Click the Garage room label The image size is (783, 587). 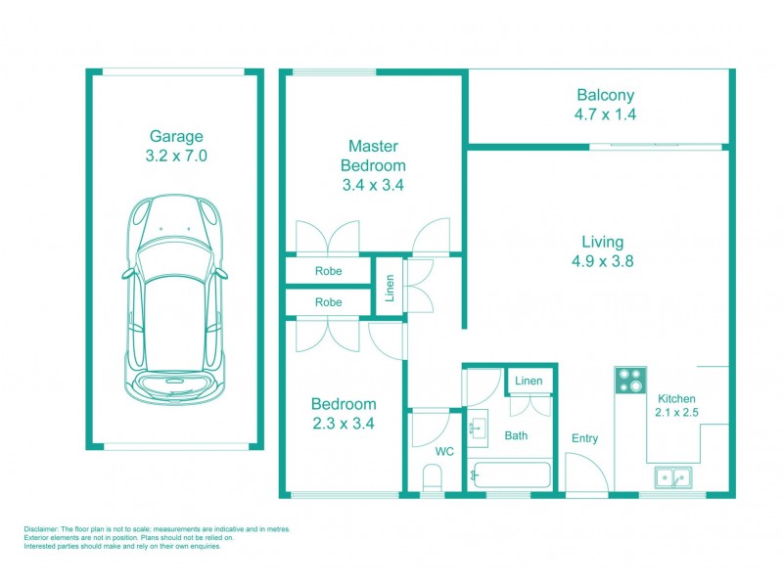click(x=176, y=137)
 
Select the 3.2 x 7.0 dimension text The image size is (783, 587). click(x=176, y=156)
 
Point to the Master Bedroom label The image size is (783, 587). click(x=373, y=156)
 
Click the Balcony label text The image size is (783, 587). click(x=605, y=95)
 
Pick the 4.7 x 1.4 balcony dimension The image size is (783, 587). click(x=605, y=114)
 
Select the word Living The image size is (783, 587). click(x=602, y=242)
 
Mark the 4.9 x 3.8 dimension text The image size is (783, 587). click(x=602, y=261)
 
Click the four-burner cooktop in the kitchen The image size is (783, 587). click(x=628, y=380)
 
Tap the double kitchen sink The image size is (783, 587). click(x=672, y=478)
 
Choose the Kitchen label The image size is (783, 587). click(x=676, y=398)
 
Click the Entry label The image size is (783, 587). click(x=584, y=438)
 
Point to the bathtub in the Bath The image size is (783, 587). click(x=510, y=474)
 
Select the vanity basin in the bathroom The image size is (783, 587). click(x=480, y=429)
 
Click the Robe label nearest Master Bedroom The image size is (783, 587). click(x=328, y=271)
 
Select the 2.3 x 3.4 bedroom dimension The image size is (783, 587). click(x=343, y=424)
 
